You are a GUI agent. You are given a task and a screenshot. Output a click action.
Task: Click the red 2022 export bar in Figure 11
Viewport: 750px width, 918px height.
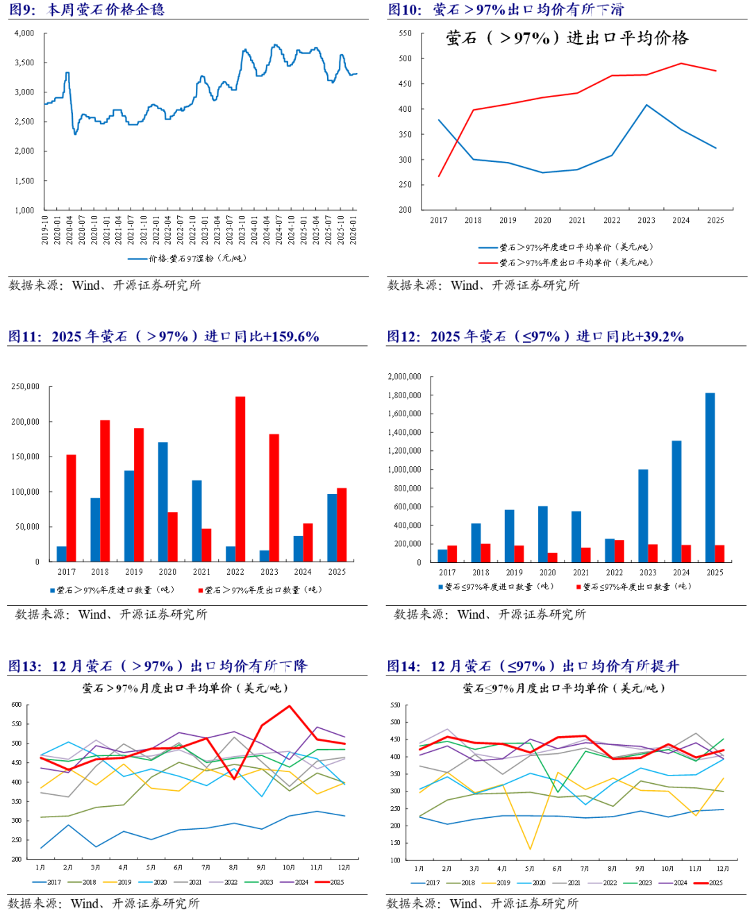pyautogui.click(x=240, y=479)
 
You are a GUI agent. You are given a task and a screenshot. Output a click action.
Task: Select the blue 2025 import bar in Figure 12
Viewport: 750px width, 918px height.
pyautogui.click(x=710, y=477)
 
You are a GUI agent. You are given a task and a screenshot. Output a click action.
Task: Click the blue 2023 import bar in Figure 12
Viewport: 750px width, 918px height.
pyautogui.click(x=643, y=516)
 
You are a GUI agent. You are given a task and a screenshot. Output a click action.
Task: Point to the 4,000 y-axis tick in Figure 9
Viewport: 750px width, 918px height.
pyautogui.click(x=24, y=33)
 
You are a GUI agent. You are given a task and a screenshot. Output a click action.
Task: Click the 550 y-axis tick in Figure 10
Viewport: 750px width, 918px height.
pyautogui.click(x=405, y=33)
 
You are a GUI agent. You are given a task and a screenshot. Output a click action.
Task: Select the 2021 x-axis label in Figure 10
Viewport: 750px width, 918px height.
pyautogui.click(x=577, y=220)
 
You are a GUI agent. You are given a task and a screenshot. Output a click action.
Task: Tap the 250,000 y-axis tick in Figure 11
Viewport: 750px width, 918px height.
pyautogui.click(x=26, y=386)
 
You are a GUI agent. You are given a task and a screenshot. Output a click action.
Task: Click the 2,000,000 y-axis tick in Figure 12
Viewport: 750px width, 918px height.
pyautogui.click(x=404, y=377)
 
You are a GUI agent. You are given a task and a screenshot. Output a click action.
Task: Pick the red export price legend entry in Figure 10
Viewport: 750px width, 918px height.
pyautogui.click(x=566, y=263)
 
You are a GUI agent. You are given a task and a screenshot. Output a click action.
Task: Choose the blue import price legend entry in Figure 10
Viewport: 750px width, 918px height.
pyautogui.click(x=566, y=247)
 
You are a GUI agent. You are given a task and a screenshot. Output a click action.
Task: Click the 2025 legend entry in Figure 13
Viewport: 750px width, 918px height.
pyautogui.click(x=330, y=883)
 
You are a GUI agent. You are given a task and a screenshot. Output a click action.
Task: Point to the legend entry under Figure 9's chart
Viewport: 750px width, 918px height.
pyautogui.click(x=187, y=259)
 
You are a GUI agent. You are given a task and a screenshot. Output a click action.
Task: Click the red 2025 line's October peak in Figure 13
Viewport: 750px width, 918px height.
pyautogui.click(x=290, y=706)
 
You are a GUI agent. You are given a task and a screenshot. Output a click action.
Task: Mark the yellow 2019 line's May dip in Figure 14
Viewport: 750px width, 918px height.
pyautogui.click(x=530, y=849)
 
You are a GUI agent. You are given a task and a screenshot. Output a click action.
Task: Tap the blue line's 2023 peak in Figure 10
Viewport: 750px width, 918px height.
pyautogui.click(x=647, y=105)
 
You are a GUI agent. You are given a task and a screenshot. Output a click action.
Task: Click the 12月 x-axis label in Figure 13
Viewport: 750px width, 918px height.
pyautogui.click(x=344, y=868)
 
